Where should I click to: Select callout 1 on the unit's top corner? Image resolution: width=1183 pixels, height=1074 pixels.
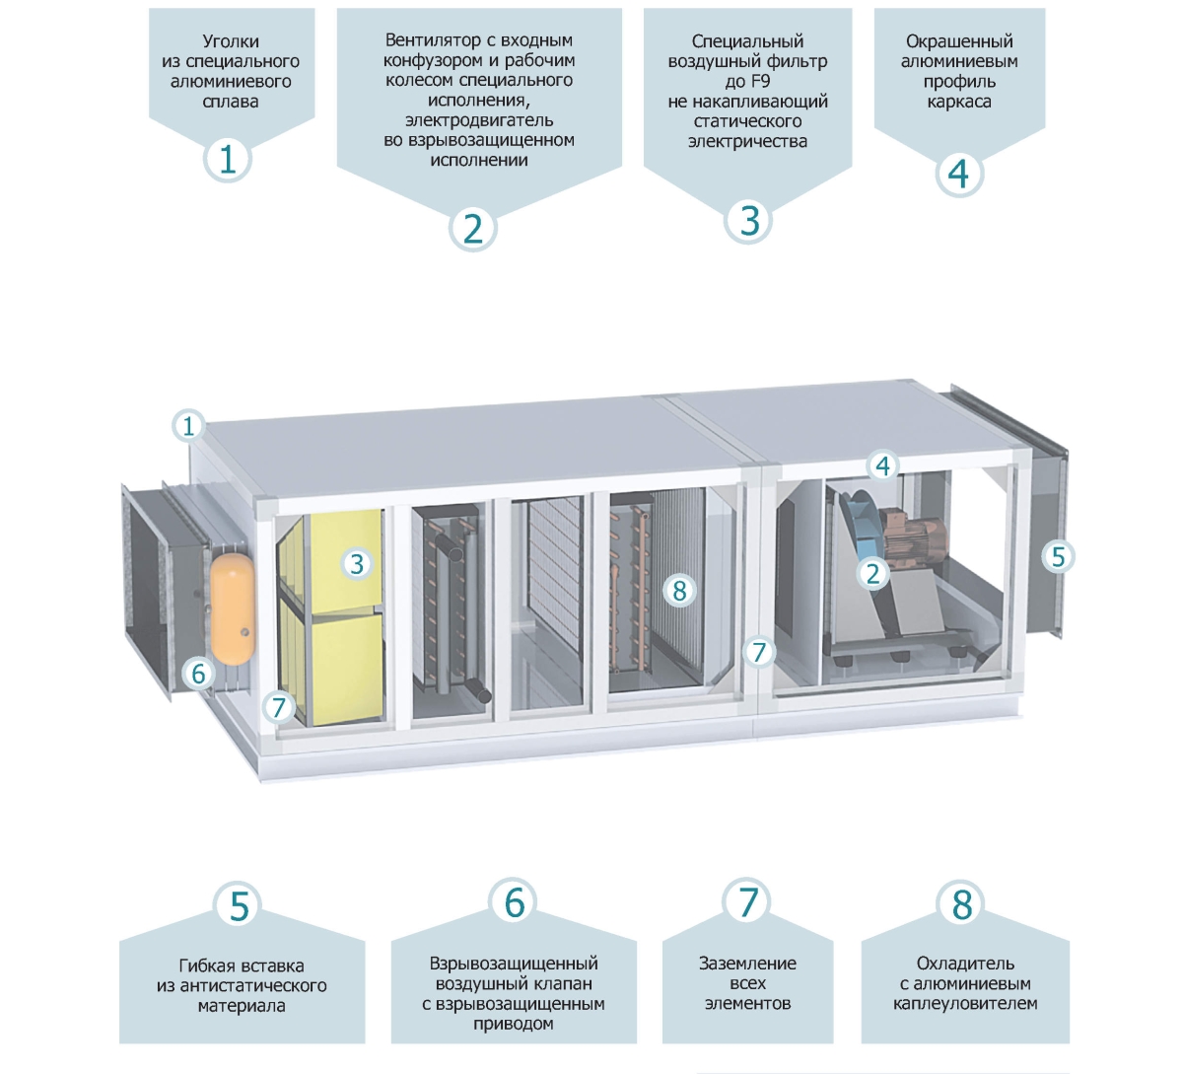188,426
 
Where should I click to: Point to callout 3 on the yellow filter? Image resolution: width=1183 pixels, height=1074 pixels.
357,563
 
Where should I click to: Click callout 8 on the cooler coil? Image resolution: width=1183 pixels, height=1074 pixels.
678,590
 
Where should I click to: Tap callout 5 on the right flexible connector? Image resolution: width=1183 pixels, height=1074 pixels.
1058,556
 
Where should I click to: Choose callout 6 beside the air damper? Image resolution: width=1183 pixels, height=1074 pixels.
199,674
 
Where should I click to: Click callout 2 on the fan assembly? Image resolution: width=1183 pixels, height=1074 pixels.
872,572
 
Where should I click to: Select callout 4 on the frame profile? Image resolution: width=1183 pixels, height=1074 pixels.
882,465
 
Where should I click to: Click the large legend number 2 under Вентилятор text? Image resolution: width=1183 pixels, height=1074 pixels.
473,229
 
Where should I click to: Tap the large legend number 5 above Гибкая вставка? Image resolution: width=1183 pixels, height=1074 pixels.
240,905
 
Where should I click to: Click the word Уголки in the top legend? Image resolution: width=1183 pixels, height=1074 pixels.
231,41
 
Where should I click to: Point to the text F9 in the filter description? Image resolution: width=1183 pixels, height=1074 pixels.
759,82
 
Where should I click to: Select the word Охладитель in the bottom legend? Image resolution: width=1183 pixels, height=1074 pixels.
965,964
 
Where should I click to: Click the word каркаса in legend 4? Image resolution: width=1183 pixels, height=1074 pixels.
959,102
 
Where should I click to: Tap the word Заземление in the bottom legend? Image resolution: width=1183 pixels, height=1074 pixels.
747,964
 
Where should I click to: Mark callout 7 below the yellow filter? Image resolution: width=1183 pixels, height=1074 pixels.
279,706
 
